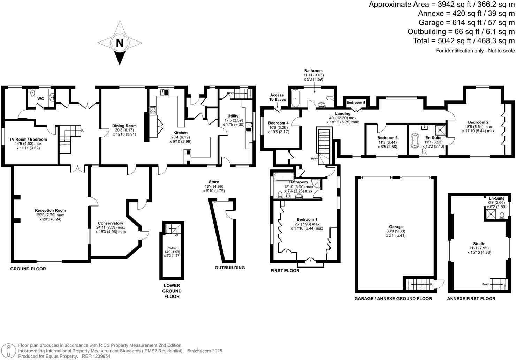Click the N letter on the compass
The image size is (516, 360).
click(120, 43)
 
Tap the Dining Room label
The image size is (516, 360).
click(124, 126)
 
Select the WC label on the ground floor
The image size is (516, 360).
click(41, 99)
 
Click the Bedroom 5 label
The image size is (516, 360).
click(356, 102)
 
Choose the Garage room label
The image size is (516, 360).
click(396, 227)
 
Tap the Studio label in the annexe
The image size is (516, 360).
click(479, 244)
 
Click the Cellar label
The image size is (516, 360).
click(172, 248)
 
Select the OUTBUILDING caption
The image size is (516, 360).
click(230, 268)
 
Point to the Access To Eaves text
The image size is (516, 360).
click(278, 97)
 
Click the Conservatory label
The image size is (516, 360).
click(111, 223)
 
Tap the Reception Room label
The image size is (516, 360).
click(50, 210)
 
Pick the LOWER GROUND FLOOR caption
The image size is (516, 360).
click(172, 291)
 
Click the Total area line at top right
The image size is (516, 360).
click(464, 41)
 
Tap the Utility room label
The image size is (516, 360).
click(233, 116)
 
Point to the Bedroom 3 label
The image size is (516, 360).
click(387, 138)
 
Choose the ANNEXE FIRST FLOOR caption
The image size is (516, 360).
click(471, 299)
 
